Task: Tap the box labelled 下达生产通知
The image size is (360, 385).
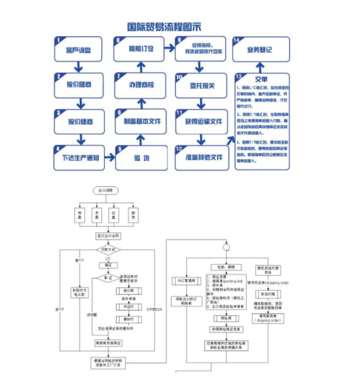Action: (80, 158)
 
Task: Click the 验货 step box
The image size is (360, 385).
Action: (140, 158)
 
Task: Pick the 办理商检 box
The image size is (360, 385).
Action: (142, 85)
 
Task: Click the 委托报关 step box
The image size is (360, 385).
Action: (201, 85)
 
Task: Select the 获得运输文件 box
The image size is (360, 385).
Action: (201, 121)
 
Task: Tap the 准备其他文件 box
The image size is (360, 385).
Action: (201, 158)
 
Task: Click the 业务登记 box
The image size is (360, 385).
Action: (260, 51)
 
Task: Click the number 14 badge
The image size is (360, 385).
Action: (236, 40)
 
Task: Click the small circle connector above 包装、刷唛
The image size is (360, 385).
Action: (224, 247)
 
